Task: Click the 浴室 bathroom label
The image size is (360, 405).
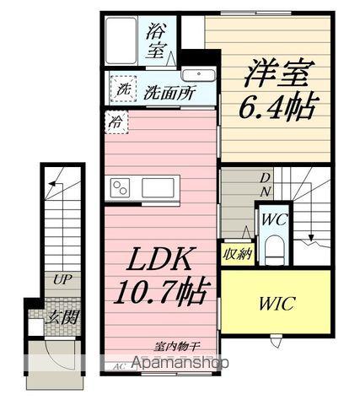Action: pos(156,41)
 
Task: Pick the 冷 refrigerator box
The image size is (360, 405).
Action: pos(116,121)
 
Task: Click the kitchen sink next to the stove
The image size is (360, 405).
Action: pos(158,187)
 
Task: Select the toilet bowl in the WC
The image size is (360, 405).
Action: pos(273,248)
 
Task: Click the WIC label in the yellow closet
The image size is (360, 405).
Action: pos(276,302)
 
